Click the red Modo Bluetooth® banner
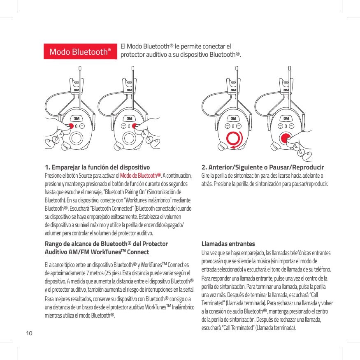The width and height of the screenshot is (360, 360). click(81, 51)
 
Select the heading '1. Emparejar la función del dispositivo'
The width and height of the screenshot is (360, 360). click(97, 167)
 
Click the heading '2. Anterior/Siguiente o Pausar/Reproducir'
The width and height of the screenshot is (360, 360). click(262, 167)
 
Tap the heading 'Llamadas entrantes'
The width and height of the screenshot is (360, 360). click(228, 244)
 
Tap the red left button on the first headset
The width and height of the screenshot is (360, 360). click(71, 126)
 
